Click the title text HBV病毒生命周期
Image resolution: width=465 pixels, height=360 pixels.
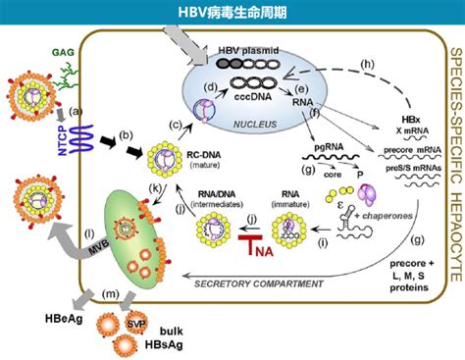[232, 12]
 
